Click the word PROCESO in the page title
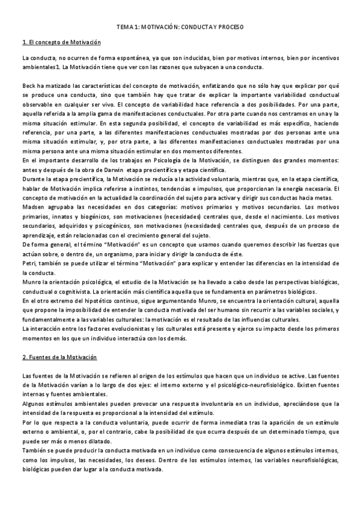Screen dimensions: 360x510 (232, 28)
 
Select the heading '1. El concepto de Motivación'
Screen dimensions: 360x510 (61, 43)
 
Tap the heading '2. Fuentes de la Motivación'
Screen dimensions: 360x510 (59, 357)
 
